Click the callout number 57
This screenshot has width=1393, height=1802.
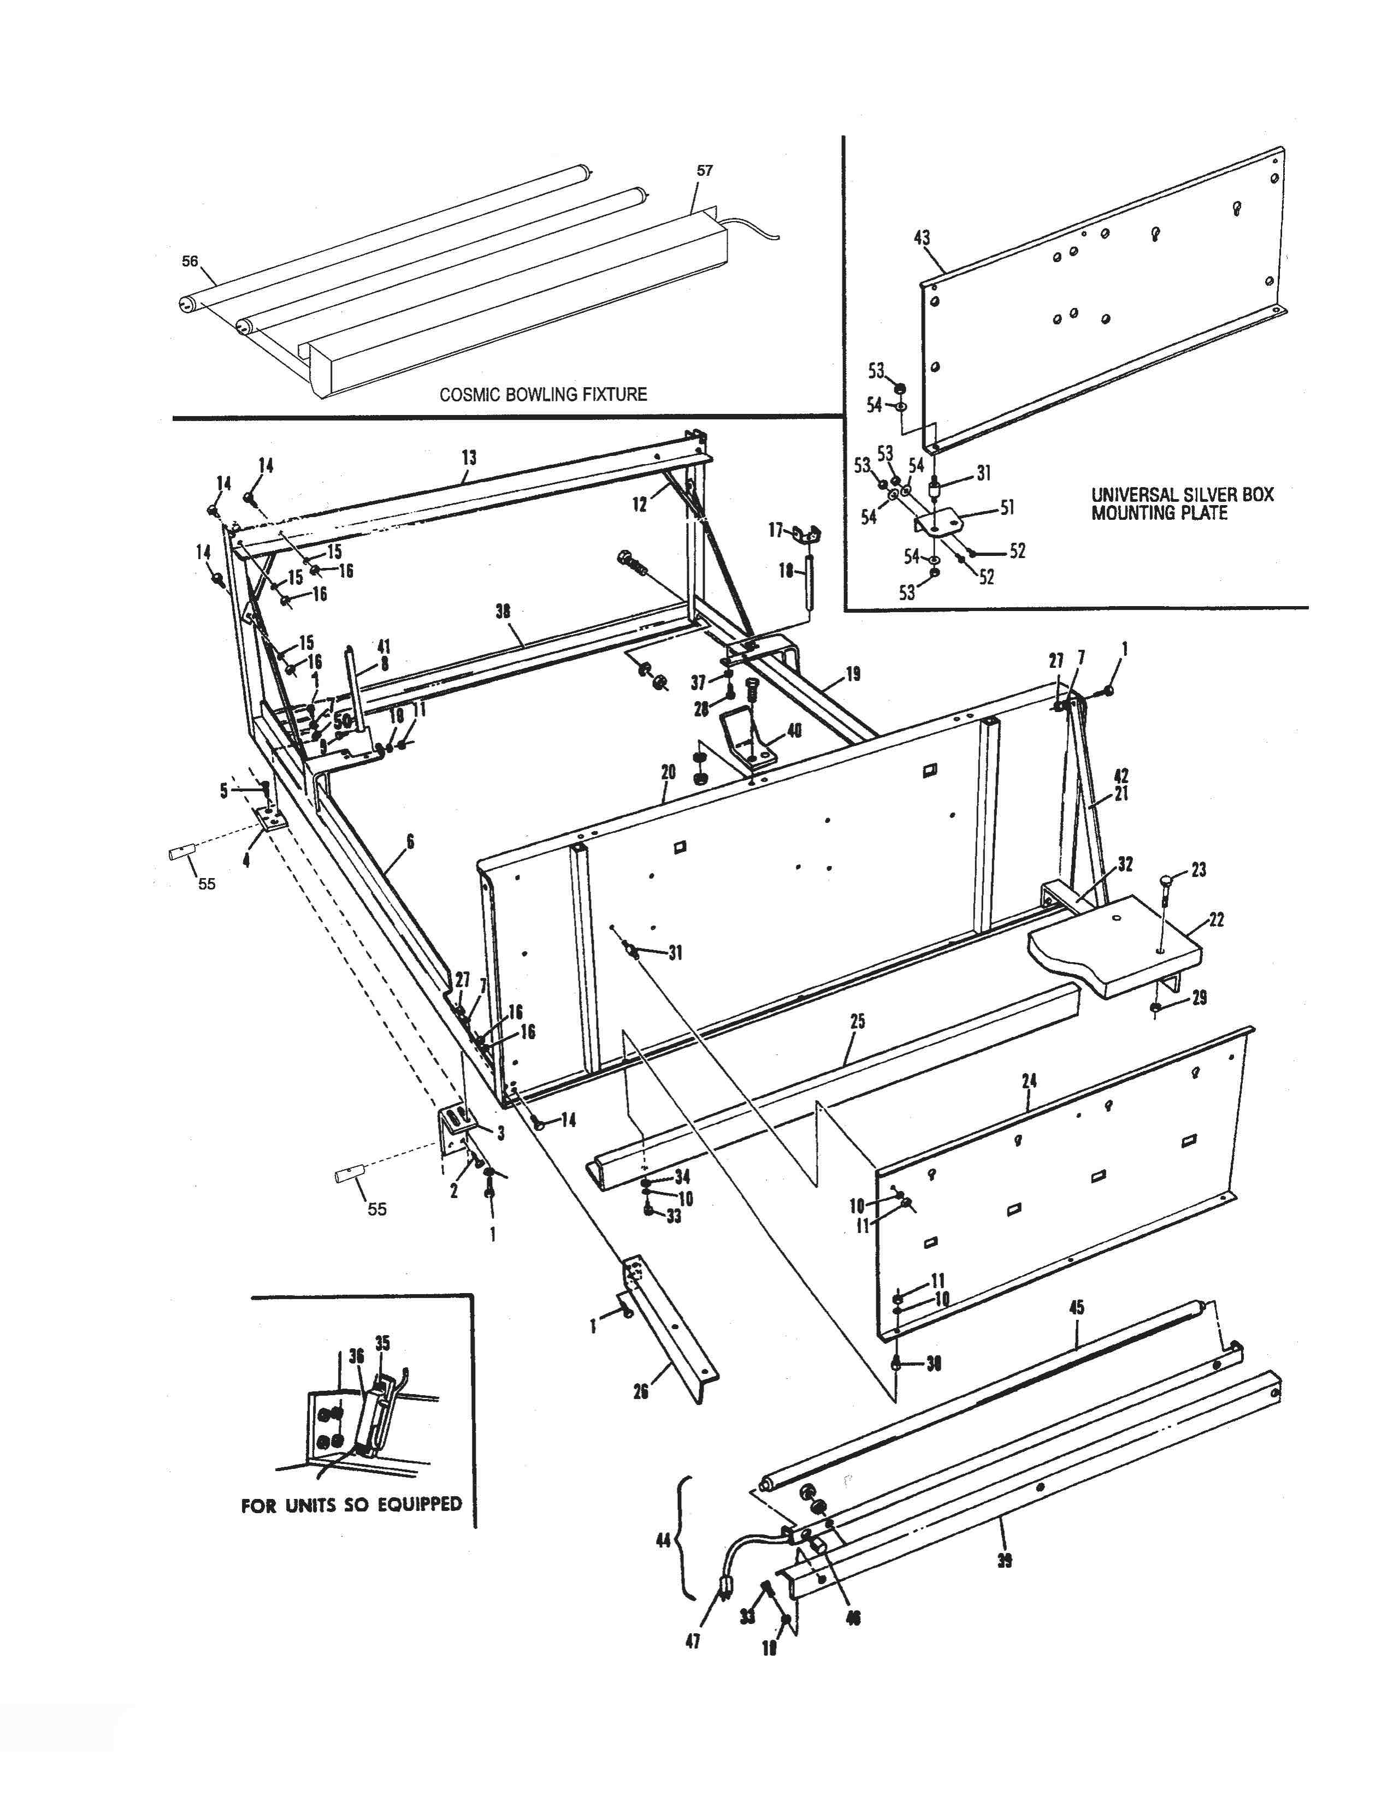tap(704, 171)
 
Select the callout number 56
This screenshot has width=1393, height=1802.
tap(190, 262)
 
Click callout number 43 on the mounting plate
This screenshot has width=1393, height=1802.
tap(922, 238)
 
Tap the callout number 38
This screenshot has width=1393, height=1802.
tap(503, 612)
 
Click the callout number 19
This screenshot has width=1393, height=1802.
tap(853, 674)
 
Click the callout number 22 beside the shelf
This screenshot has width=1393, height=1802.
tap(1217, 919)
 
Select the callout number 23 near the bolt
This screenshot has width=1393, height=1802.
tap(1198, 870)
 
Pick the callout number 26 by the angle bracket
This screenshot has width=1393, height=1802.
tap(640, 1391)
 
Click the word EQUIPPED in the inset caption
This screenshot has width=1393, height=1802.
tap(420, 1504)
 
